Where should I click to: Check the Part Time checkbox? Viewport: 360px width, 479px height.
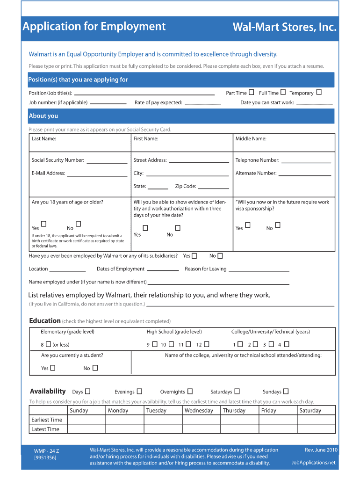(x=252, y=92)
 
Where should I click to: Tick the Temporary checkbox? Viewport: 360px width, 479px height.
(x=319, y=92)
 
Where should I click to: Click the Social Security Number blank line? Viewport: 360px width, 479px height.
(x=107, y=161)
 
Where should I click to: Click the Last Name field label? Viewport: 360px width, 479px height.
(x=44, y=139)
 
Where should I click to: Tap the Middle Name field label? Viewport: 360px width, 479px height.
(x=251, y=139)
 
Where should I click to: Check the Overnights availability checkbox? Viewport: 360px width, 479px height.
(x=190, y=392)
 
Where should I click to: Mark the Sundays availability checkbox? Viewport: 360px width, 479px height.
(x=286, y=392)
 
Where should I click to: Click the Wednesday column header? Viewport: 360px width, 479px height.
(x=199, y=411)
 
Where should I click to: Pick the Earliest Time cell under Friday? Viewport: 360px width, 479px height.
(x=278, y=420)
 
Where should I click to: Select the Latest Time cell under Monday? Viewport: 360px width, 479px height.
(x=124, y=429)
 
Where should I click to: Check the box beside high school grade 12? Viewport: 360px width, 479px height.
(x=207, y=344)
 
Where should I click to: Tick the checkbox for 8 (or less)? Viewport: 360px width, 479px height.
(x=48, y=344)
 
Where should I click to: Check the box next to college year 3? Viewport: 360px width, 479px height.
(x=272, y=344)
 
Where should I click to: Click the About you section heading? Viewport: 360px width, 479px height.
(x=43, y=116)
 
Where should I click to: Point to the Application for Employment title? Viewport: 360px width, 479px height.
(x=94, y=27)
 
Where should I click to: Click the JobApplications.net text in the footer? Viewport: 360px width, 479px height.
(x=313, y=463)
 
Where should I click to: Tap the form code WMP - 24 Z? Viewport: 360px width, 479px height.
(x=46, y=451)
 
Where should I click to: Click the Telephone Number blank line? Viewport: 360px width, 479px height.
(x=306, y=161)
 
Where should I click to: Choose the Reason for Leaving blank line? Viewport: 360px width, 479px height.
(x=259, y=270)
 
